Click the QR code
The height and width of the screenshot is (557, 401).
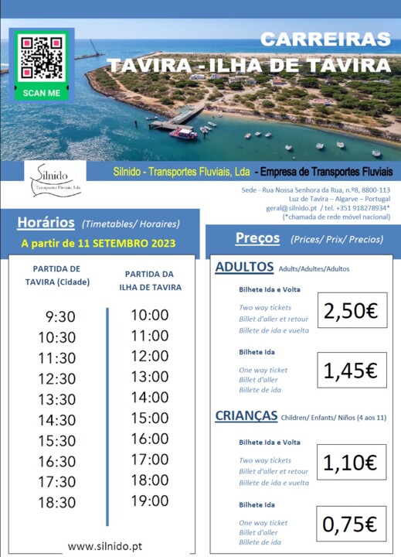click(42, 56)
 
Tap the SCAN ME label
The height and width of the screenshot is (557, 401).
click(42, 93)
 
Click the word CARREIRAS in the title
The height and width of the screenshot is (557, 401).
click(325, 39)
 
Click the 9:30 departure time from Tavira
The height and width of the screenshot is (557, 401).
click(58, 316)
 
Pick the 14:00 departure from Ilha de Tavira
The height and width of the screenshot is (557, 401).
click(149, 398)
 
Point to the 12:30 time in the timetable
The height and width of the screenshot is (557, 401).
click(58, 379)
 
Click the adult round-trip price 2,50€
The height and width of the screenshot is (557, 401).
click(351, 311)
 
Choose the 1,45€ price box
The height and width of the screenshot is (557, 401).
click(351, 371)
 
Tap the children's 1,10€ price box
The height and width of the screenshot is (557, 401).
click(351, 463)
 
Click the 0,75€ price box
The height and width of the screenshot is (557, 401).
click(351, 525)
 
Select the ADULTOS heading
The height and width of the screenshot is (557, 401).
click(244, 267)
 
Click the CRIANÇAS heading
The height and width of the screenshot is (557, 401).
click(246, 415)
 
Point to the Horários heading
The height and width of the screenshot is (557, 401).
click(46, 223)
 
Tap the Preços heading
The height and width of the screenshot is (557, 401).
click(258, 238)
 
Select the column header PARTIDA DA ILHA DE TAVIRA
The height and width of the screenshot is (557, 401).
click(151, 281)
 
